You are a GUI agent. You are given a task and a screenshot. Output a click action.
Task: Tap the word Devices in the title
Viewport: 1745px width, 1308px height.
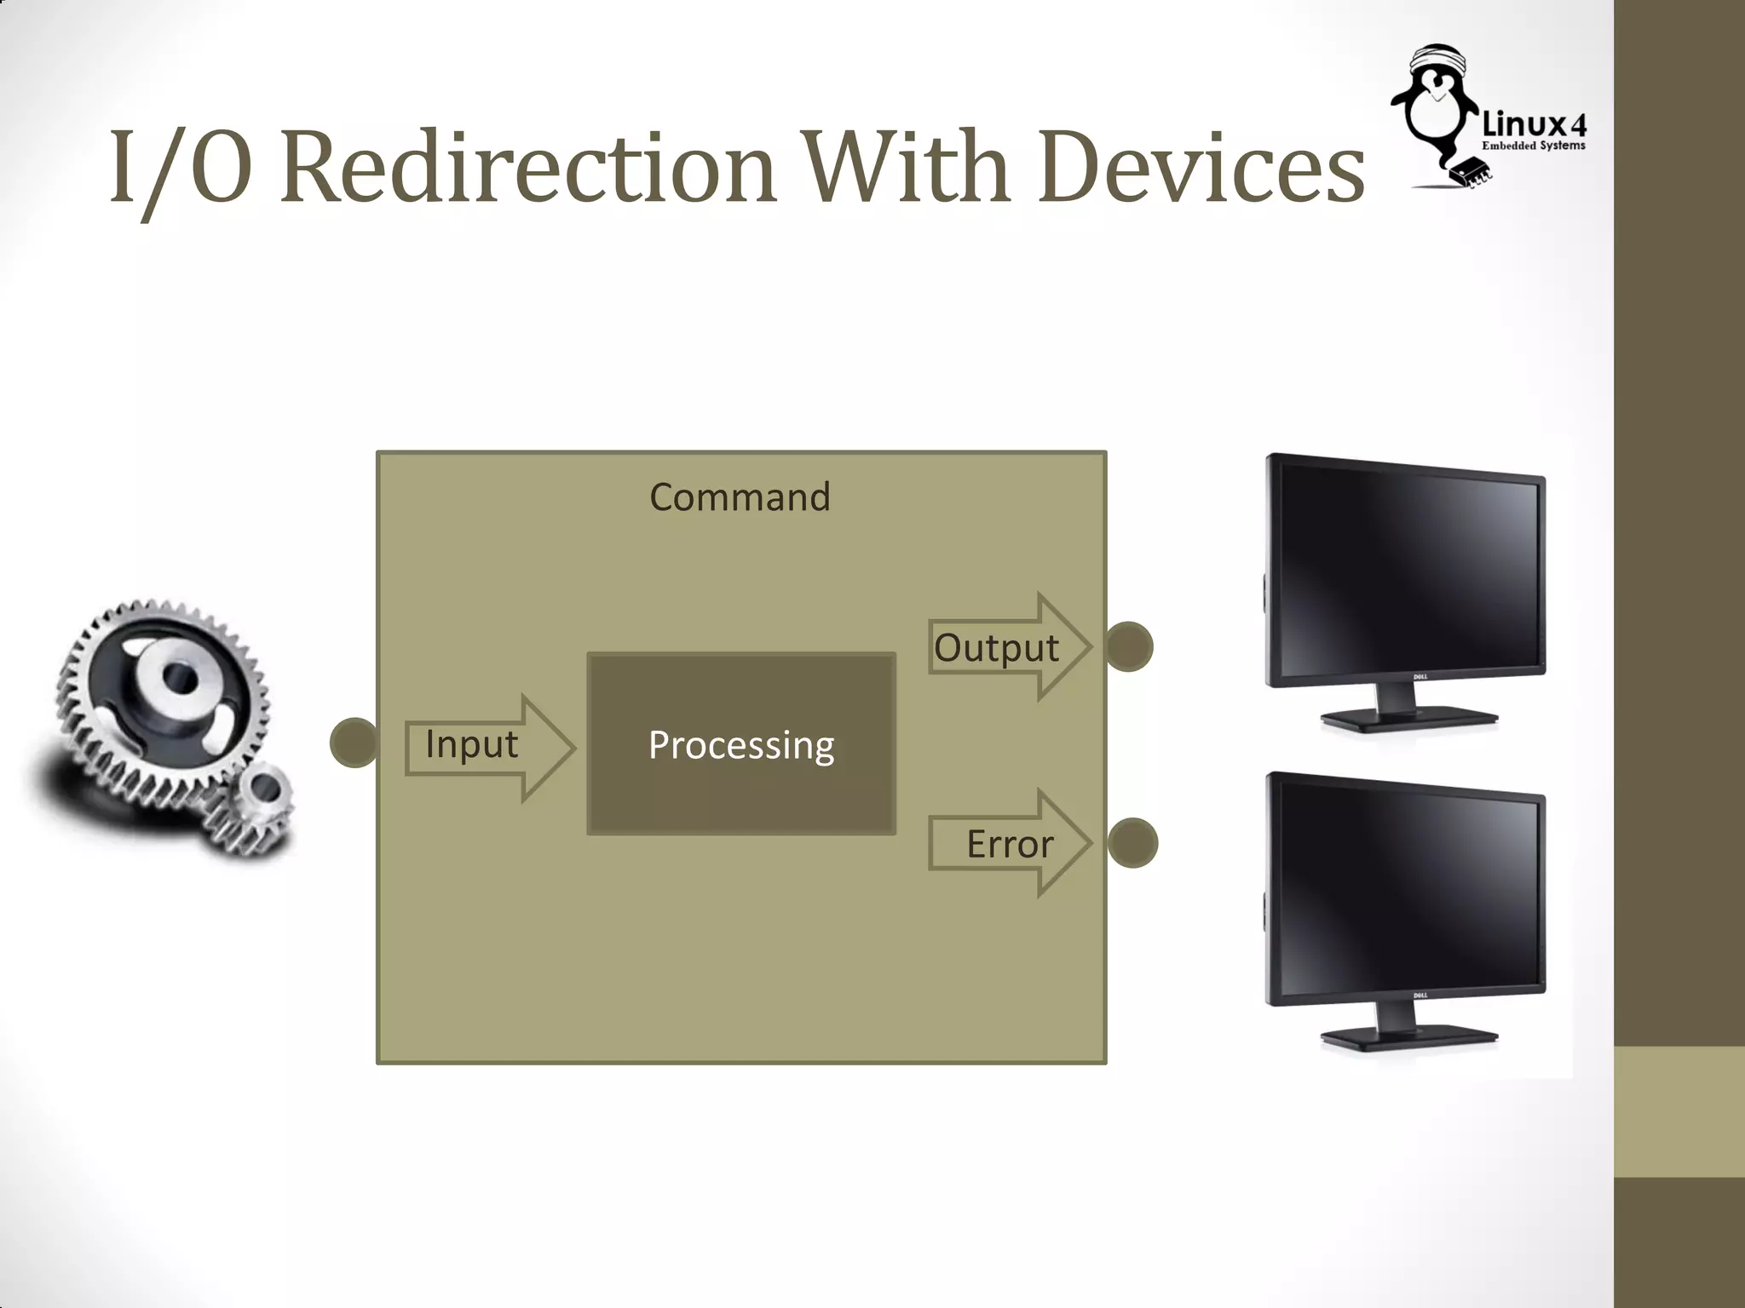pos(1201,168)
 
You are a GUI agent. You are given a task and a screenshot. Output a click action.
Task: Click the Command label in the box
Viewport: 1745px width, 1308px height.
pos(740,497)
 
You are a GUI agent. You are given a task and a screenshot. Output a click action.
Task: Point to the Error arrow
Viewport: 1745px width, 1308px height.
pos(1011,843)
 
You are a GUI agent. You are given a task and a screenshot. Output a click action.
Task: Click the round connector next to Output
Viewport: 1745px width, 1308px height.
pos(1129,647)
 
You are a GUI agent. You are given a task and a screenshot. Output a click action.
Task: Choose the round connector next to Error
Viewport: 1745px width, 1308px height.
pos(1132,843)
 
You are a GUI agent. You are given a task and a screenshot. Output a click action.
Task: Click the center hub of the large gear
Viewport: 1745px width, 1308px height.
pos(179,679)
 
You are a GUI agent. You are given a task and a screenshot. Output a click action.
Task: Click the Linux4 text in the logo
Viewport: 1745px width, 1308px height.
pos(1535,125)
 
